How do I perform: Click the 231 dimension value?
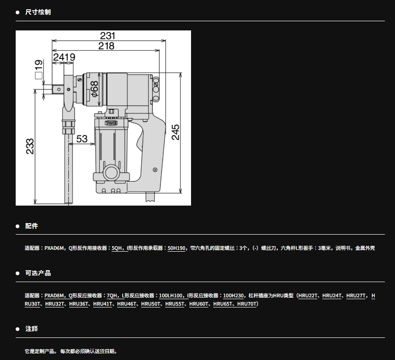coord(108,35)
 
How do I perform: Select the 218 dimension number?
coord(106,46)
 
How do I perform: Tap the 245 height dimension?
coord(176,132)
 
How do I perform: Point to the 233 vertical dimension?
coord(30,146)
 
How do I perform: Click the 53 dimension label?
coord(82,139)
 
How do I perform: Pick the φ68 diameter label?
coord(95,89)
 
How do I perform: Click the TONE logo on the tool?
coord(111,123)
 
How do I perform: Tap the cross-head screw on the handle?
coord(155,170)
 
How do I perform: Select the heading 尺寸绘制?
coord(38,12)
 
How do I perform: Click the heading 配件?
coord(31,226)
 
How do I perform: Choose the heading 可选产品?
coord(38,273)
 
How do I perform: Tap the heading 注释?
coord(31,329)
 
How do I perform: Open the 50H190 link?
coord(176,248)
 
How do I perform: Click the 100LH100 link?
coord(170,295)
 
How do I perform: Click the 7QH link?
coord(112,295)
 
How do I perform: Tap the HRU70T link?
coord(247,304)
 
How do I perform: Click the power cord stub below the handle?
coord(150,197)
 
